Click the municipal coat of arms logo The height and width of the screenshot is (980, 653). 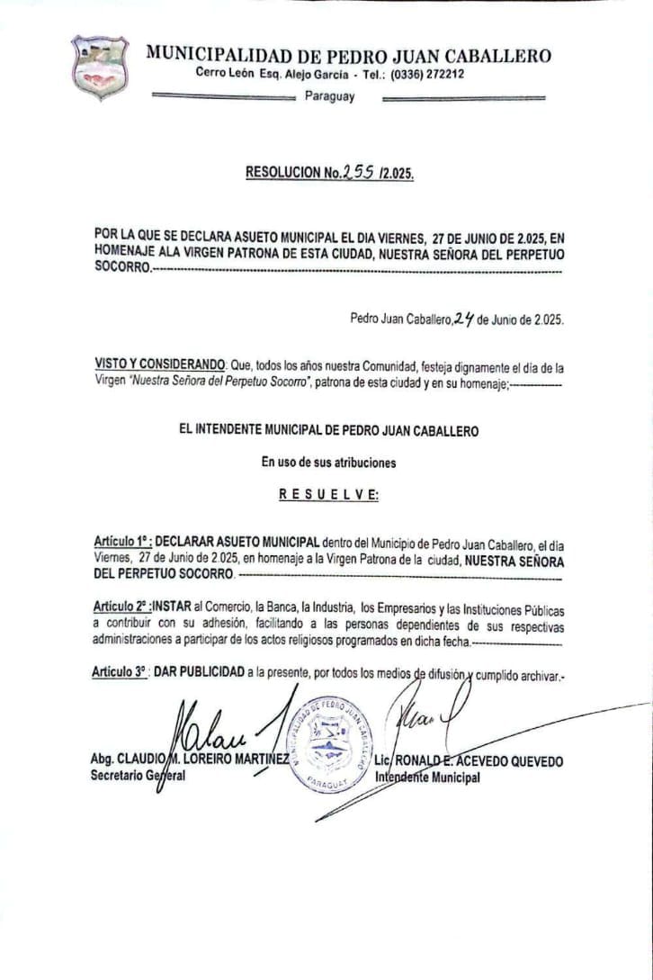pos(100,69)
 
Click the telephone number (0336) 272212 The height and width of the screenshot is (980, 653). pos(427,74)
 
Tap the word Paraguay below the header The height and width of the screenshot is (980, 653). pos(329,97)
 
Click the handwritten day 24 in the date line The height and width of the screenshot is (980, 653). pos(463,318)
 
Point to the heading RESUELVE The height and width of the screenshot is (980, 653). pos(328,494)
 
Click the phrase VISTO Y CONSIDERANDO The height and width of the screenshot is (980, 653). pos(159,364)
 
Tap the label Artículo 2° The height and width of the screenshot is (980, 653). pos(121,608)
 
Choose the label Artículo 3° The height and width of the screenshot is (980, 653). pos(121,673)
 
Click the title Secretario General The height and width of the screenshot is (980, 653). pos(138,776)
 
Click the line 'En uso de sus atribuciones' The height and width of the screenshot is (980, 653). pos(328,463)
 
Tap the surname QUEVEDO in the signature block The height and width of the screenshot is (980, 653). pos(536,761)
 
